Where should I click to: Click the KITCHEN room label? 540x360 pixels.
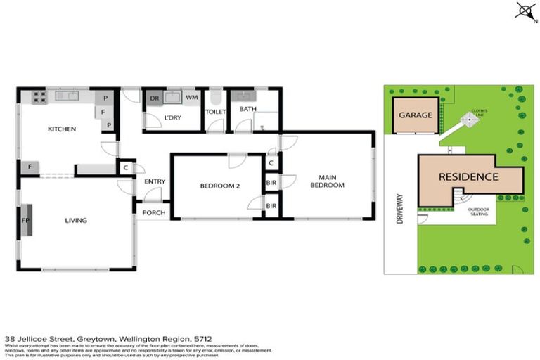point(62,129)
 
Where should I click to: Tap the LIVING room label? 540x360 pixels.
point(76,221)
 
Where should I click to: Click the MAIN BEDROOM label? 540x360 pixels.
point(331,181)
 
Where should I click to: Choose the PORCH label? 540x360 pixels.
point(154,213)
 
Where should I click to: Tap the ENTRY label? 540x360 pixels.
point(155,181)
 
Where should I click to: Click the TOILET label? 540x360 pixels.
point(214,112)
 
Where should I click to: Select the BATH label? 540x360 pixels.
point(247,109)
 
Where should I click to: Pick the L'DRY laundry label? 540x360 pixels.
point(173,117)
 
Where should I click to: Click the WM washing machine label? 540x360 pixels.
point(192,98)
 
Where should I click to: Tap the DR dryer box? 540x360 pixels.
point(154,98)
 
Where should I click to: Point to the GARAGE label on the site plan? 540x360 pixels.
point(415,115)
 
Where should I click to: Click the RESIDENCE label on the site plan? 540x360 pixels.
point(468,177)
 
